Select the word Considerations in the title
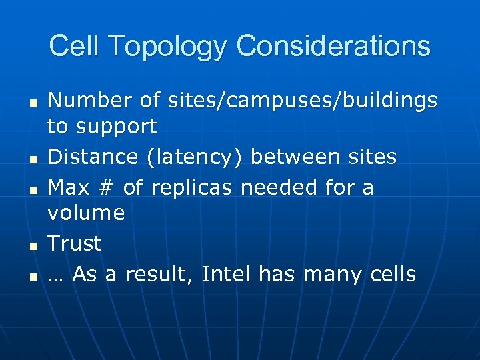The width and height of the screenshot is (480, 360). (x=333, y=46)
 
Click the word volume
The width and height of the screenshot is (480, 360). (x=86, y=213)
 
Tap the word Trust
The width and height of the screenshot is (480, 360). (x=75, y=243)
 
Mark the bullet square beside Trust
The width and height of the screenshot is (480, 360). (x=32, y=246)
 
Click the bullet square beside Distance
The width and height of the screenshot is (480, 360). (x=32, y=159)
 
